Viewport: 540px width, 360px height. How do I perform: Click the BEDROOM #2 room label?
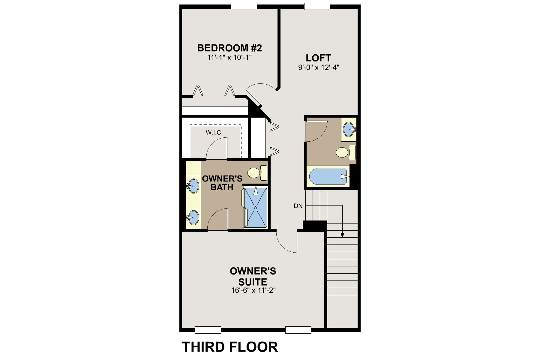(229, 48)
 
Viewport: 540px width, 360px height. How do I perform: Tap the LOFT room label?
(318, 58)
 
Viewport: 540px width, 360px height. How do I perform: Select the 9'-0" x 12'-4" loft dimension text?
(318, 67)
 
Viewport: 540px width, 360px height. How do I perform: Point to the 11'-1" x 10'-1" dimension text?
(229, 58)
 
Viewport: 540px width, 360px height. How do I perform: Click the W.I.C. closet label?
(214, 132)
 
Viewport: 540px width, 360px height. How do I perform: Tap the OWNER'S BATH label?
(222, 183)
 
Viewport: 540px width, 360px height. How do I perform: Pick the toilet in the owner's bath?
(257, 173)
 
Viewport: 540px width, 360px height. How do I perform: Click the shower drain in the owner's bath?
(256, 207)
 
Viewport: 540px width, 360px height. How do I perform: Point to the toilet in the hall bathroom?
(346, 152)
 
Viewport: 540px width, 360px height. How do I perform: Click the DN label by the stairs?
(298, 206)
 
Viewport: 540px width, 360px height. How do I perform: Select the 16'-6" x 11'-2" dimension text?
(253, 290)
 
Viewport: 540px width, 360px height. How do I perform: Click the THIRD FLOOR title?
(230, 347)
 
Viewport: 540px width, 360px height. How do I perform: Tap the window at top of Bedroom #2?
(244, 6)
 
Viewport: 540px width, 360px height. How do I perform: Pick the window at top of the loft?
(317, 6)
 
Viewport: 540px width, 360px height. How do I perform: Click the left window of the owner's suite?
(208, 330)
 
